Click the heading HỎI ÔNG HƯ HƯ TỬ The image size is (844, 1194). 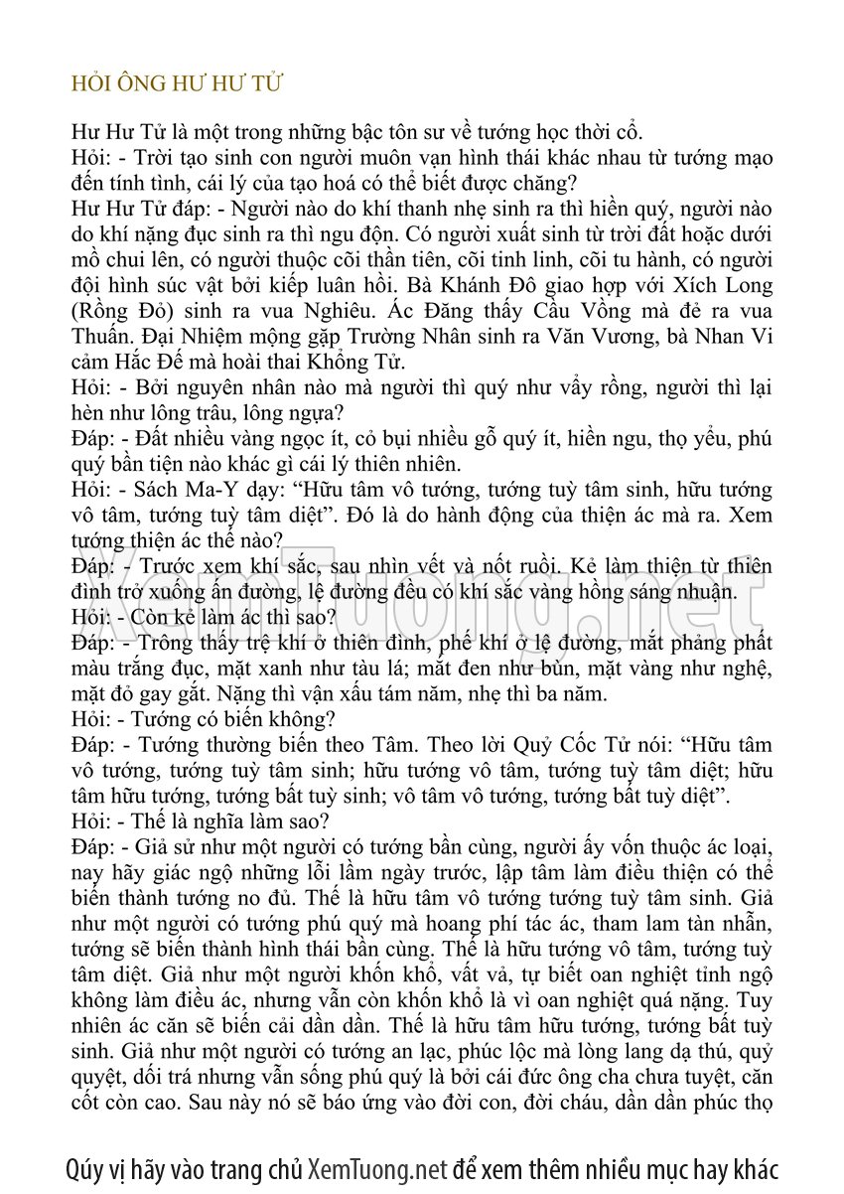(x=178, y=83)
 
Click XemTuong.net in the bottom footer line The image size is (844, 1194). (x=377, y=1168)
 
